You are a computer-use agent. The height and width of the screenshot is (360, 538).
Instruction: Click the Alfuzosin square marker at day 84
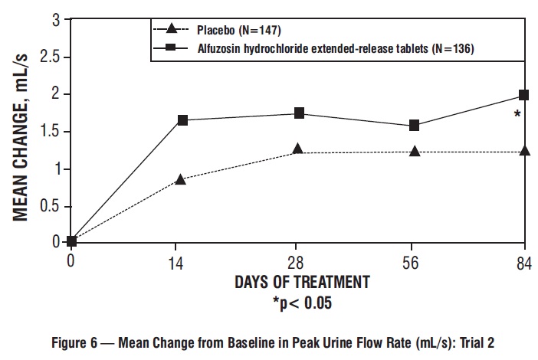point(524,95)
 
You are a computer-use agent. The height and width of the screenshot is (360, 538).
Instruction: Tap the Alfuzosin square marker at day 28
point(299,113)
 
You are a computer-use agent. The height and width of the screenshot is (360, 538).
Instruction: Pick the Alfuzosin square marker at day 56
point(414,125)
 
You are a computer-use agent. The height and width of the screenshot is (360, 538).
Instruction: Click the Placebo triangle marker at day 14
point(180,178)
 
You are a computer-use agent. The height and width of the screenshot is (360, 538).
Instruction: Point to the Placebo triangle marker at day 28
point(297,149)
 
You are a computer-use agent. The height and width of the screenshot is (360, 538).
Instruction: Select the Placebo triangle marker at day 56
point(415,151)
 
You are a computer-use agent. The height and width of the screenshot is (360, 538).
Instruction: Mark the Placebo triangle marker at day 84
point(524,151)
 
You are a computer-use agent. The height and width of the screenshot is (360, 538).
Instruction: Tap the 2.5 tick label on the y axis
point(49,57)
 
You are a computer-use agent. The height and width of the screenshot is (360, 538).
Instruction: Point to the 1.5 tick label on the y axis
point(49,132)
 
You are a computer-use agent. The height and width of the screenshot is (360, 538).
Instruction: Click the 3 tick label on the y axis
point(55,21)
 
